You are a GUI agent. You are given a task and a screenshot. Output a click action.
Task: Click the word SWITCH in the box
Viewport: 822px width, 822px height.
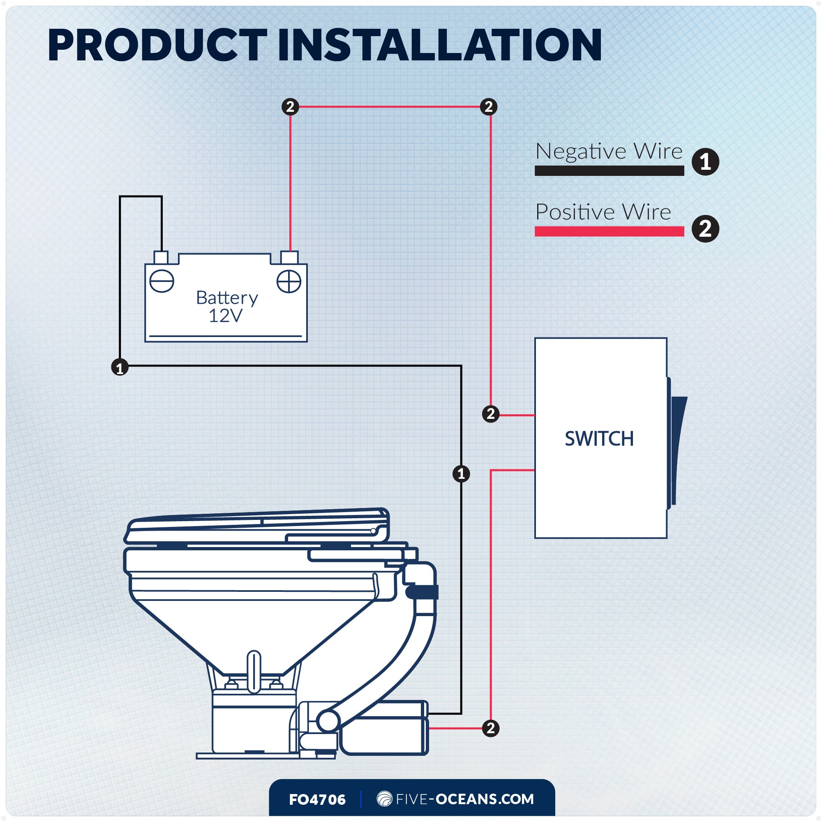pos(599,439)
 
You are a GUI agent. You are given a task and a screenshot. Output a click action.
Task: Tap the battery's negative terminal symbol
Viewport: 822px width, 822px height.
pos(162,281)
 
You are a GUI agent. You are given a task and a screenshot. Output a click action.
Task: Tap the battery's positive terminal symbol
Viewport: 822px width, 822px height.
pos(289,281)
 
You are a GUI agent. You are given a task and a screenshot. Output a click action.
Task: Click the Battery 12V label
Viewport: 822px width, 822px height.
pos(226,306)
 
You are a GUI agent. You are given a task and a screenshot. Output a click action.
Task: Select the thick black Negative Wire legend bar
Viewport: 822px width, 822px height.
pos(609,171)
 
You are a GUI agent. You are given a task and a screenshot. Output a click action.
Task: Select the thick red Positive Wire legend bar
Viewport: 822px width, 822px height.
pos(609,231)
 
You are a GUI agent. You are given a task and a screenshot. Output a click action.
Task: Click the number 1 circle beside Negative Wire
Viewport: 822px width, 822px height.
pos(705,162)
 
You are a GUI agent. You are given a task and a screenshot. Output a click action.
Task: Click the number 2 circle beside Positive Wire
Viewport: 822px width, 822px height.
pos(705,229)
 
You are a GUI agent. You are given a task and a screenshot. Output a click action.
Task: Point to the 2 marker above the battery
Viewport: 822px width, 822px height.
pos(290,106)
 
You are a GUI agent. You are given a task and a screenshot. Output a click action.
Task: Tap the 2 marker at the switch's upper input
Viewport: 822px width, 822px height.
pos(491,413)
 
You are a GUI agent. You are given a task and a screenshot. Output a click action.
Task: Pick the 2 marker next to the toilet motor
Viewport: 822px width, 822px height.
pos(491,728)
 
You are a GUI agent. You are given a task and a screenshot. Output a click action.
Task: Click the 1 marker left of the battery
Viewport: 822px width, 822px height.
pos(120,367)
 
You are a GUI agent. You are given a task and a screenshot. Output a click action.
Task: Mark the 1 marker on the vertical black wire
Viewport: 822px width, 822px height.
pos(461,473)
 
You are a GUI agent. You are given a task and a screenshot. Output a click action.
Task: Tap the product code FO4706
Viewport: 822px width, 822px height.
pos(317,800)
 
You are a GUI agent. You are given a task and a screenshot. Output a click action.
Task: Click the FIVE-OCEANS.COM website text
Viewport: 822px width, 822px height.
pos(464,799)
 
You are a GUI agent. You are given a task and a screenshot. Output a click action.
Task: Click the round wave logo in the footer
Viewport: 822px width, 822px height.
pos(384,799)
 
